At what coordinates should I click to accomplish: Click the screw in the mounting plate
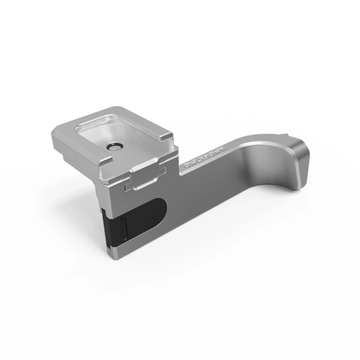[x=113, y=147]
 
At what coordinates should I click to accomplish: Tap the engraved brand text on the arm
[x=200, y=159]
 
